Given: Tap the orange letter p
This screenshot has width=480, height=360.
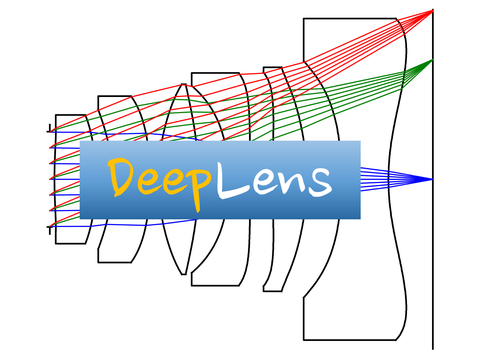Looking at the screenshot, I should point(199,186).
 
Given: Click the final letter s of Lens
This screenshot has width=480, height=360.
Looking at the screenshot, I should point(317,181).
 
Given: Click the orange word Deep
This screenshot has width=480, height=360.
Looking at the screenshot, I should point(161,180).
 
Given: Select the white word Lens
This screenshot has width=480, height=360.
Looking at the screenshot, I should point(274,179).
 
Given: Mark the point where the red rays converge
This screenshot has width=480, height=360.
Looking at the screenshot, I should point(432,11).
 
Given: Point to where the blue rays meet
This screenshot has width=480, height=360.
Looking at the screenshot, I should point(432,179).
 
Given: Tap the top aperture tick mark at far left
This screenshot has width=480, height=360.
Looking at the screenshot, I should point(49,127).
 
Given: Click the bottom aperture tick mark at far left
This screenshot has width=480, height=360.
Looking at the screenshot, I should point(49,229).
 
